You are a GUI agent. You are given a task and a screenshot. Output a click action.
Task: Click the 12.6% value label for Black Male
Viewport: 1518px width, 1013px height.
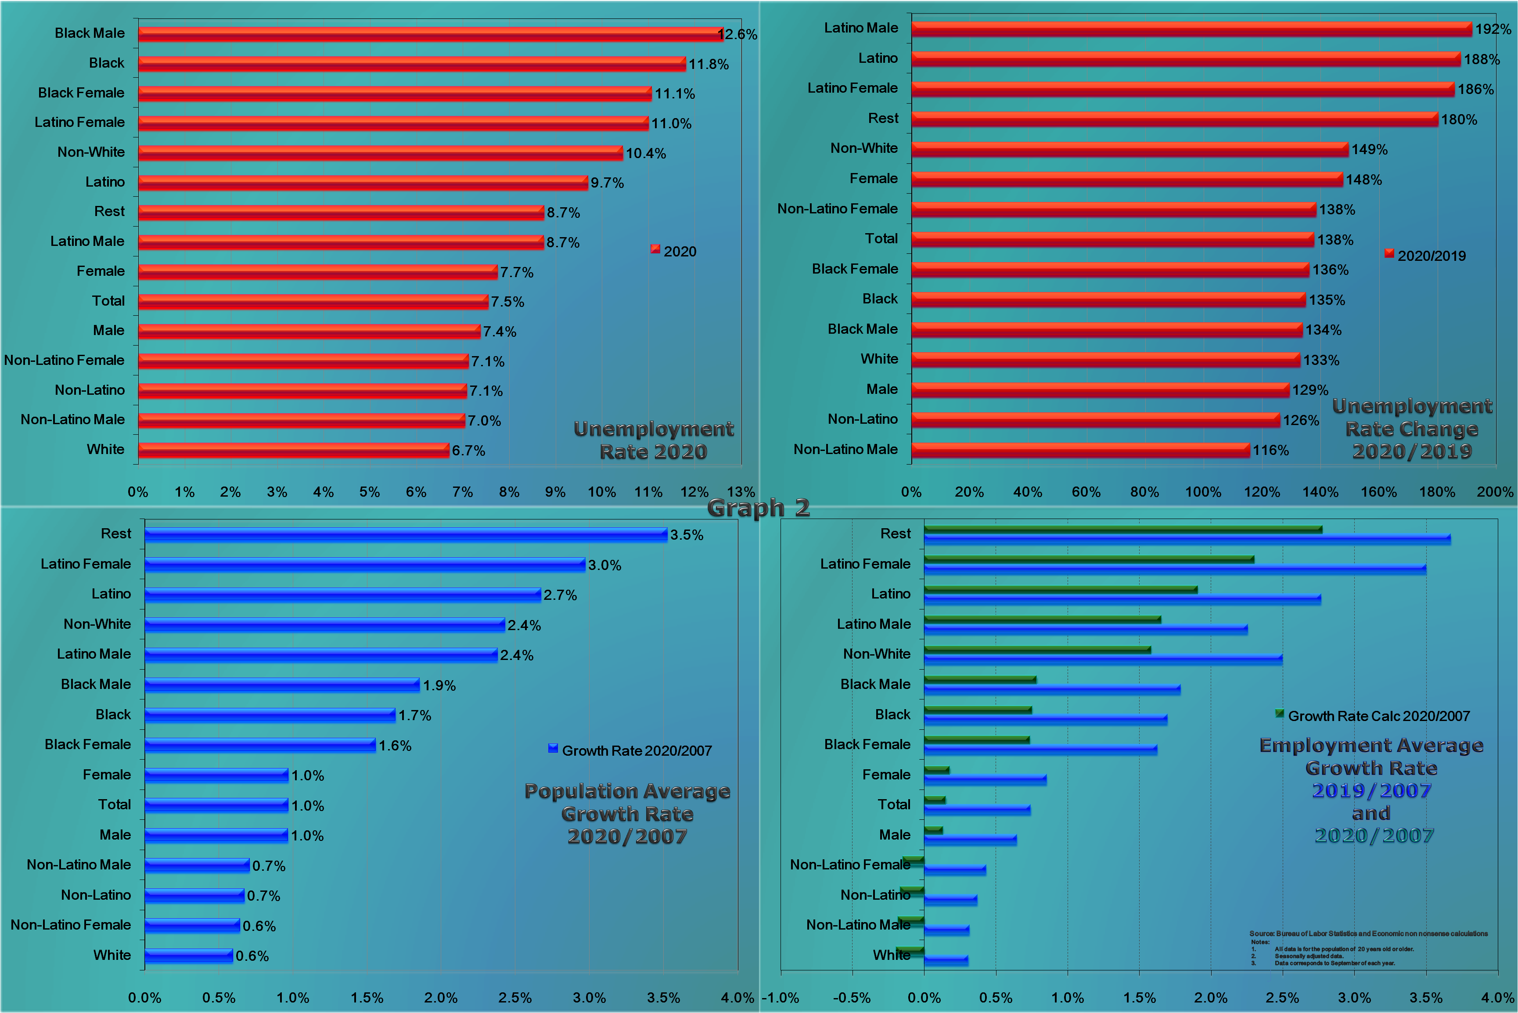738,34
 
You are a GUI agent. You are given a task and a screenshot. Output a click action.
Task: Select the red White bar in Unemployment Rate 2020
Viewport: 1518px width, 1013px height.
293,450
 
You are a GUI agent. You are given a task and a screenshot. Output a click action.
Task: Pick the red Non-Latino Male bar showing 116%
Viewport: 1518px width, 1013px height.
1079,450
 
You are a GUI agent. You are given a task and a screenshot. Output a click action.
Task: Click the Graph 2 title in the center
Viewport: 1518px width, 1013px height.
758,508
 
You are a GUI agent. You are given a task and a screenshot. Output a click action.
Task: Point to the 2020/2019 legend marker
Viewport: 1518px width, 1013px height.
1389,254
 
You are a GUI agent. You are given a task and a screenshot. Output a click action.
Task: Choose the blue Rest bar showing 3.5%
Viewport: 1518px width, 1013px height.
406,534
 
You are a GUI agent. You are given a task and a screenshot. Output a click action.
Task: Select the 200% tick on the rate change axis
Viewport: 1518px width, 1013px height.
1495,492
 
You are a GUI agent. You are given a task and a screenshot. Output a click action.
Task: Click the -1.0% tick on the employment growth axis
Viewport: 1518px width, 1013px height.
780,998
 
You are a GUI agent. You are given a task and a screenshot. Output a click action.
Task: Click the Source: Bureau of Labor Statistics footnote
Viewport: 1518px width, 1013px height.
1367,934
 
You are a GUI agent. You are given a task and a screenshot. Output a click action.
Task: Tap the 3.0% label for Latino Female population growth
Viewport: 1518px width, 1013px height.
604,565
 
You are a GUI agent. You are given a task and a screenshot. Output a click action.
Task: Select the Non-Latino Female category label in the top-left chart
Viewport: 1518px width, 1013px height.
65,360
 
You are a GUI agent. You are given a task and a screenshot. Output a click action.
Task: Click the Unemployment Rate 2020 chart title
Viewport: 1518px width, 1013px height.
654,440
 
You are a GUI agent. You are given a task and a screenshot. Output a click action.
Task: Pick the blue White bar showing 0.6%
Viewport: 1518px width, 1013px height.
188,955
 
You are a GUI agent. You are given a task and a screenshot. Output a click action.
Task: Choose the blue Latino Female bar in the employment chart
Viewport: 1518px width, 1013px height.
1175,569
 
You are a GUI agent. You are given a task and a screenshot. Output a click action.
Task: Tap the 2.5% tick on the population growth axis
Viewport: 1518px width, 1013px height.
514,998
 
